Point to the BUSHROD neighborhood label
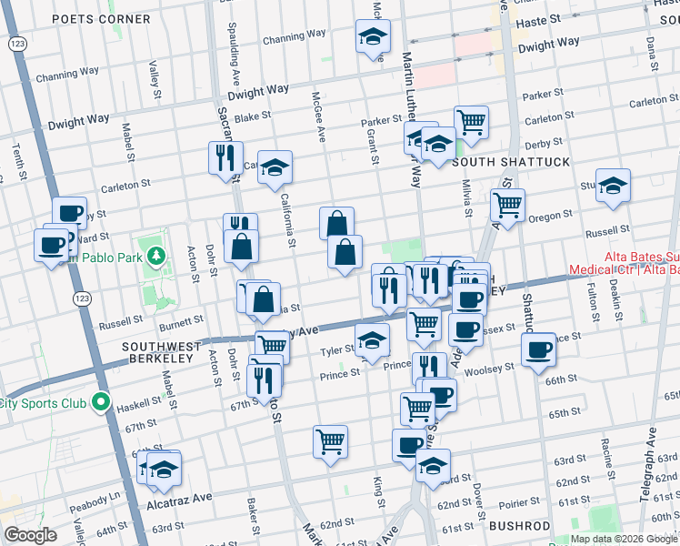point(520,526)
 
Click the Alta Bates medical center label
point(624,264)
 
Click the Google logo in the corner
point(30,535)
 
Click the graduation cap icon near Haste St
point(371,37)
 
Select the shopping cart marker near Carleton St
point(471,120)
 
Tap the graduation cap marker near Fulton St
point(614,185)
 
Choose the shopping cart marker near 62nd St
point(331,441)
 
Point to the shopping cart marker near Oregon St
point(507,204)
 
